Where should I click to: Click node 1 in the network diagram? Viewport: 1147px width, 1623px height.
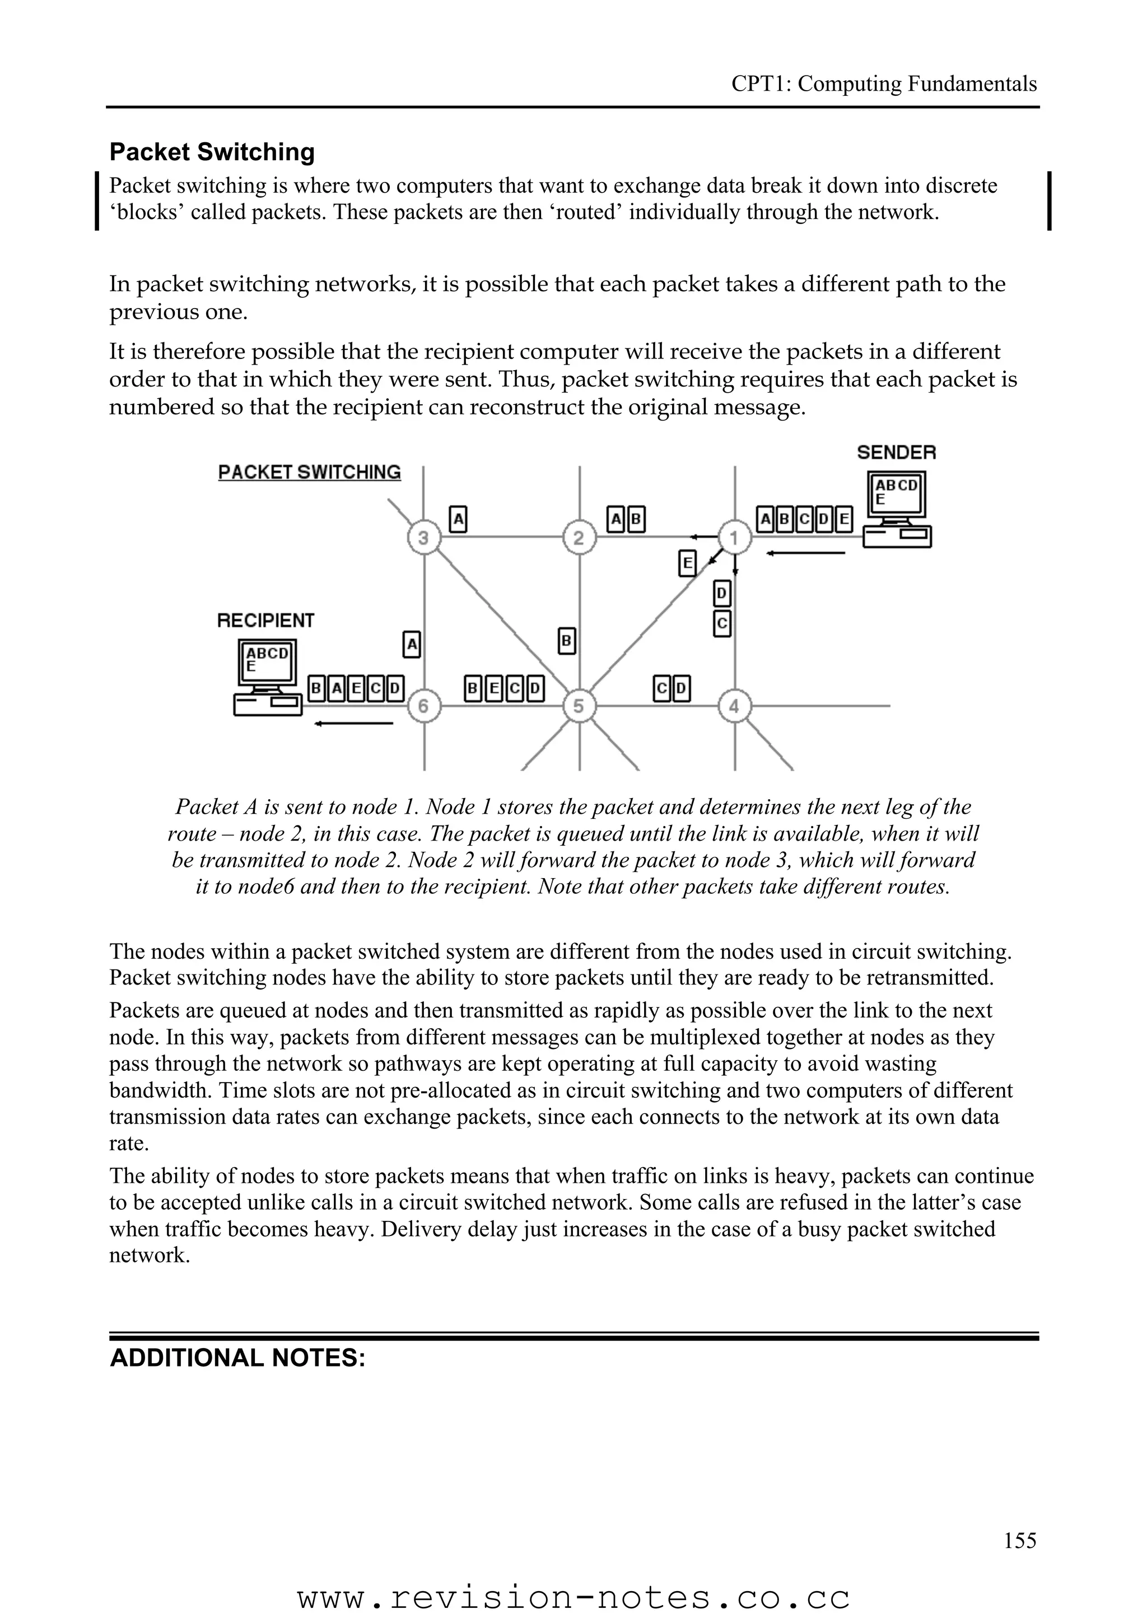pos(734,539)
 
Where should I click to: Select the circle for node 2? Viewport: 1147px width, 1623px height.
pos(579,539)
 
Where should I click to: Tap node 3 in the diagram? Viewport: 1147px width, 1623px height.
pos(423,539)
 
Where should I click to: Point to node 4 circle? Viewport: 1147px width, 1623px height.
pos(734,706)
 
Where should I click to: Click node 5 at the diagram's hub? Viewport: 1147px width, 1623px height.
pos(579,706)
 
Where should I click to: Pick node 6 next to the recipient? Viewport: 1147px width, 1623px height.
pos(423,706)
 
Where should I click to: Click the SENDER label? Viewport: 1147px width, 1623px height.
pos(896,453)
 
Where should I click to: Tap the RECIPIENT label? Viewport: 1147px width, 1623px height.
pos(265,621)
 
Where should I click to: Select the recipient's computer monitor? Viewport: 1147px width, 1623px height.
pos(267,661)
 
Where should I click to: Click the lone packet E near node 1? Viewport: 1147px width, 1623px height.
pos(686,563)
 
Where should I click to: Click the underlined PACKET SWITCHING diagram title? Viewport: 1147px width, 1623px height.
pos(310,472)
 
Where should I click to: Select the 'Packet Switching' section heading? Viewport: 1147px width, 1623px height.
pos(212,152)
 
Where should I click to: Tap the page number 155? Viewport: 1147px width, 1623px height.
pos(1020,1560)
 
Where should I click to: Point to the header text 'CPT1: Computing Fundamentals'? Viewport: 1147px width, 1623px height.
pos(883,84)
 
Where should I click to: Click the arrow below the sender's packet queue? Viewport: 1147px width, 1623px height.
pos(806,553)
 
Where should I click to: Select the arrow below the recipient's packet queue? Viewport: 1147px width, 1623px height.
pos(353,723)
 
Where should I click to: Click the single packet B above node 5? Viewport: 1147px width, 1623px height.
pos(566,641)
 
